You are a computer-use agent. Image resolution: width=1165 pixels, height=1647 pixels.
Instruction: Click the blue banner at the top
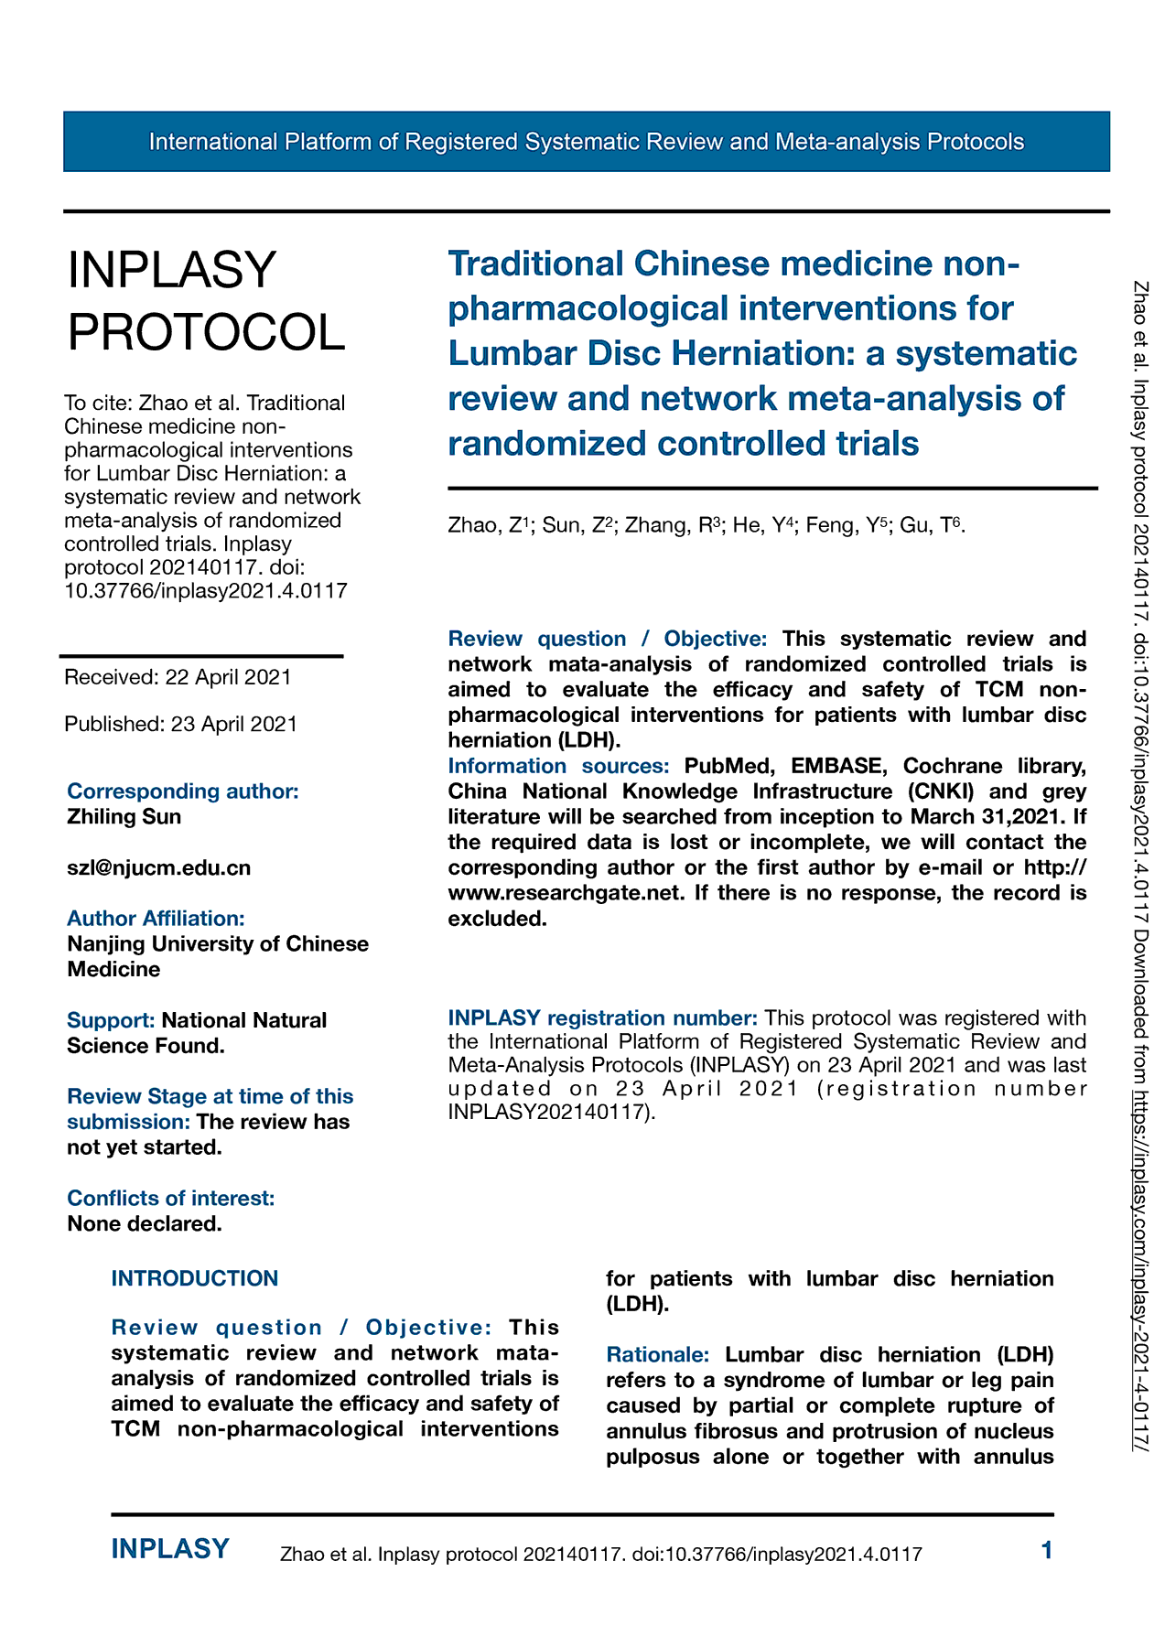586,142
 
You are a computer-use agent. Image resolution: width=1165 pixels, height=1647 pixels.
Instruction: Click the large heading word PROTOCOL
207,331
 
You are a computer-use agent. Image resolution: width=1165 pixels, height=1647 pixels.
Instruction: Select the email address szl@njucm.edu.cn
158,867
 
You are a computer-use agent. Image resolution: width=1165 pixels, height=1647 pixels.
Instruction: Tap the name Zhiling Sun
124,816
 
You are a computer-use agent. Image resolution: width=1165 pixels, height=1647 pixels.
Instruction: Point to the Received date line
178,677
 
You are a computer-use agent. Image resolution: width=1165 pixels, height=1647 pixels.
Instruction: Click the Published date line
180,724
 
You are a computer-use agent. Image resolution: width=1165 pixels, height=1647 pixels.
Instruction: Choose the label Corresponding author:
183,791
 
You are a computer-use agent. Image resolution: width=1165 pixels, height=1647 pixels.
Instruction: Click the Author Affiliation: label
156,918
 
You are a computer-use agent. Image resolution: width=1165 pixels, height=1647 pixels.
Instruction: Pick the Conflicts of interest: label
170,1198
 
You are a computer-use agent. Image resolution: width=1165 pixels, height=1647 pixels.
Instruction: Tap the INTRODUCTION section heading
194,1278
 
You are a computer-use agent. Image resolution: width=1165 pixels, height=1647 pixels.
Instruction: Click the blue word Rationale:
657,1354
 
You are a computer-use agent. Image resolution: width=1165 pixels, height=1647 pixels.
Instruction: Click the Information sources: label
558,765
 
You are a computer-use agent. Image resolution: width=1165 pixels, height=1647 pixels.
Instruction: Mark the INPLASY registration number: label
602,1017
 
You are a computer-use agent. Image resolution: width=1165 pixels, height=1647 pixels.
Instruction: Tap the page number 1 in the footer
1047,1550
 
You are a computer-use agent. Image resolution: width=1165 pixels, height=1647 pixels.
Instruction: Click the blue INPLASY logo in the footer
170,1549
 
